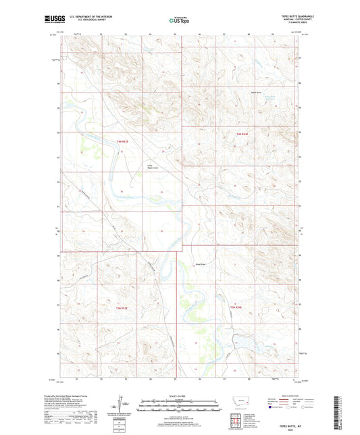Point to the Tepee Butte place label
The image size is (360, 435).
(x=257, y=91)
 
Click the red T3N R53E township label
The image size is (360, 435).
(x=121, y=307)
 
